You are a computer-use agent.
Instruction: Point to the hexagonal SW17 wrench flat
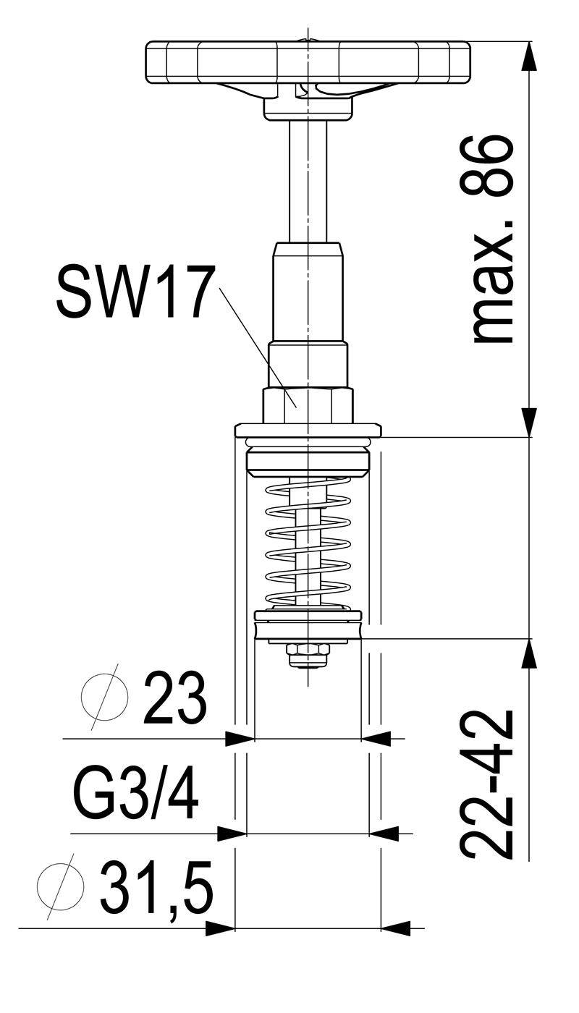click(308, 405)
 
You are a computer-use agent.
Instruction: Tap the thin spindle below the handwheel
click(308, 181)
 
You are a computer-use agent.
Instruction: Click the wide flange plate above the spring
click(308, 430)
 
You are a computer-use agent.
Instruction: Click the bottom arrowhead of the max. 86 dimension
click(529, 423)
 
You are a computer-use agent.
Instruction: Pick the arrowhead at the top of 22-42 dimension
click(529, 653)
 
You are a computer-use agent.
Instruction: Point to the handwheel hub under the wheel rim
click(308, 103)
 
